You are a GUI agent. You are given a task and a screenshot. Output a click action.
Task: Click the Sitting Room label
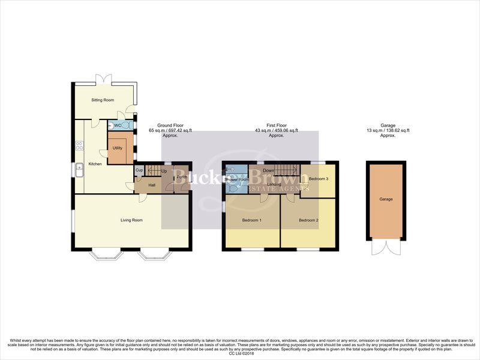click(103, 100)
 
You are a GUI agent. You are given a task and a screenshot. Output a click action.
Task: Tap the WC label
click(118, 125)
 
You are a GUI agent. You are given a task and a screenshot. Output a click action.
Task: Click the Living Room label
click(132, 220)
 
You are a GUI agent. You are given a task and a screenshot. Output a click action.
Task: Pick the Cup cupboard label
click(139, 170)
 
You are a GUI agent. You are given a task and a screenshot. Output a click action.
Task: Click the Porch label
click(182, 177)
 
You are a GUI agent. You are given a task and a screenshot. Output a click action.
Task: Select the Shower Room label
click(236, 179)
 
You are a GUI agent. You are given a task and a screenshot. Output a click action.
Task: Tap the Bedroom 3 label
click(319, 179)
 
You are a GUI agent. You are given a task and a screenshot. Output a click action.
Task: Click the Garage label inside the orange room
click(386, 199)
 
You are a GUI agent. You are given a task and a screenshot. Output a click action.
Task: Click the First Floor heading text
click(276, 125)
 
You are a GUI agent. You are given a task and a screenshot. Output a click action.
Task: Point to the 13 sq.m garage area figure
click(388, 130)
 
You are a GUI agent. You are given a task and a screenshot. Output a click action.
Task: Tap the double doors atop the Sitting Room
click(104, 79)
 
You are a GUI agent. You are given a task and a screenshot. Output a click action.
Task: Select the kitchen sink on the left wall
click(79, 172)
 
